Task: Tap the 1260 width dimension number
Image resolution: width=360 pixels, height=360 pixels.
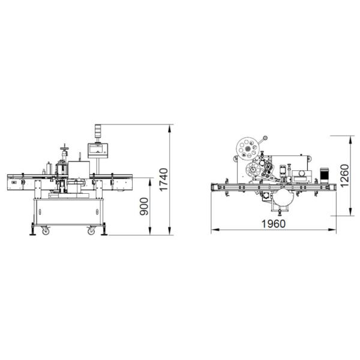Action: [344, 175]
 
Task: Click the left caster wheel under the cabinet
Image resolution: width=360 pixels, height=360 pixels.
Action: [44, 230]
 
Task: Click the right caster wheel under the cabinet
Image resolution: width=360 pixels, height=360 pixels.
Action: [91, 230]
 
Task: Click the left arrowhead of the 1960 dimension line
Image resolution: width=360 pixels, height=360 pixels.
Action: [211, 229]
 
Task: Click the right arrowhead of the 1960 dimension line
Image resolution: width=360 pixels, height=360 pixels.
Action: [336, 229]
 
